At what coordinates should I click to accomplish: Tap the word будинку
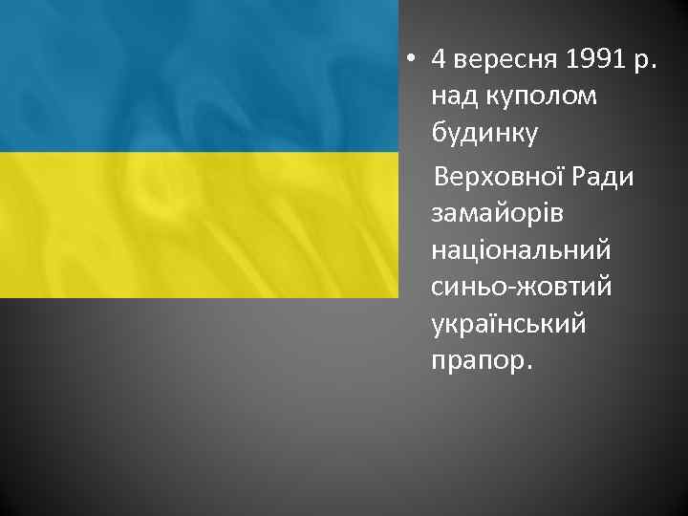coord(484,135)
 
